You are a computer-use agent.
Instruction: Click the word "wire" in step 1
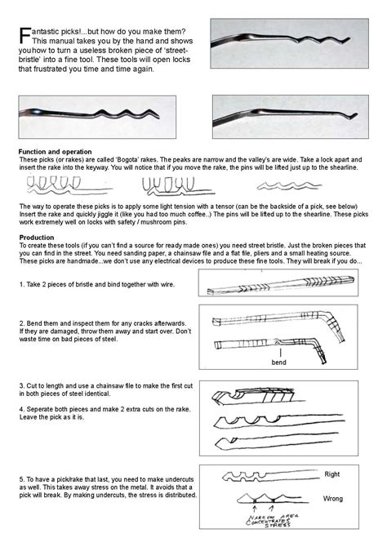(174, 283)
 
